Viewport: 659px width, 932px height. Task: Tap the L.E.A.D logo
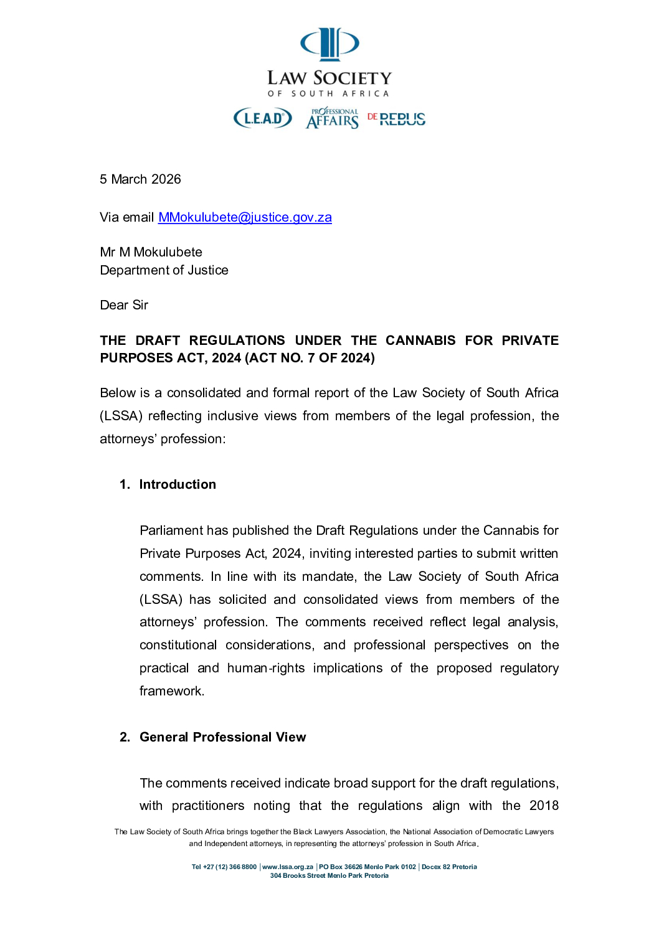coord(262,118)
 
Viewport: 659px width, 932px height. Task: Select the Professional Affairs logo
coord(333,118)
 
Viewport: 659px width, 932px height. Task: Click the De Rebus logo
coord(396,118)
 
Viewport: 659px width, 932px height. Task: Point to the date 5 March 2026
coord(140,179)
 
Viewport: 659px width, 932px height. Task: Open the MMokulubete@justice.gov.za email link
coord(245,217)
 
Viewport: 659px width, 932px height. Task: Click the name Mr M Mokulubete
coord(151,252)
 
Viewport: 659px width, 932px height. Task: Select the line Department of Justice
coord(164,270)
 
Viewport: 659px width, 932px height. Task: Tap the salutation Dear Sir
coord(124,305)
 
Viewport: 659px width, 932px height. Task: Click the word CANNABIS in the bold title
coord(420,341)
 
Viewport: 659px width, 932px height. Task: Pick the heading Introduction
coord(178,484)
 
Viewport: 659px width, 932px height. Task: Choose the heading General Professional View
coord(222,737)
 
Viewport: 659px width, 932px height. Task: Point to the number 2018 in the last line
coord(544,806)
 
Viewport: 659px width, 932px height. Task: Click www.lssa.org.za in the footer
coord(288,867)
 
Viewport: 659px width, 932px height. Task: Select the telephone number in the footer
coord(224,867)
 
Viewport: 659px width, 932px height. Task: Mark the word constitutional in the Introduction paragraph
coord(178,645)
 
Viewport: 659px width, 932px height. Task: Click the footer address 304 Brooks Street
coord(298,875)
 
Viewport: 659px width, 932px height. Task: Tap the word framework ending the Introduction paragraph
coord(171,691)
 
